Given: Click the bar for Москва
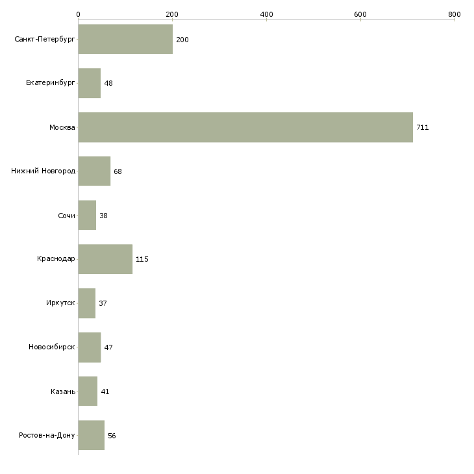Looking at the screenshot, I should pos(245,127).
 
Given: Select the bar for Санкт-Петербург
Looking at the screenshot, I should pos(125,40).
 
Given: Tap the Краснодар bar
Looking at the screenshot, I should pos(105,259).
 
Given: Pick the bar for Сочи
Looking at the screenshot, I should pos(87,216).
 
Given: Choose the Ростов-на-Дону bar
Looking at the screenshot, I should pos(91,435).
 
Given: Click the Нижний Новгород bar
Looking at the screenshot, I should pos(94,171).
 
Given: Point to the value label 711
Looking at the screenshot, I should pos(423,127).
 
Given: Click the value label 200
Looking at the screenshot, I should pos(182,40).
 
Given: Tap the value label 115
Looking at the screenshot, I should pos(142,259).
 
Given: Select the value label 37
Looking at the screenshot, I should pos(103,303).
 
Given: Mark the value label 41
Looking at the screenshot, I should pos(105,392).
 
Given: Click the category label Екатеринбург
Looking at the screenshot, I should pos(51,84).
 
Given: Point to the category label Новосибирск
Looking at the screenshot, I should pos(52,347).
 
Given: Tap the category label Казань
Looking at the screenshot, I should pos(63,392).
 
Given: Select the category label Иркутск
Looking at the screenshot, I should pos(60,303).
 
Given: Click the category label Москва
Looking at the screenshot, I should pos(62,127).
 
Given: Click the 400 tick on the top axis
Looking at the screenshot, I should pos(266,14).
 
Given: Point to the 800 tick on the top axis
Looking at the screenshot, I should pos(455,14).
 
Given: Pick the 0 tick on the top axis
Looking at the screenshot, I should pos(78,14).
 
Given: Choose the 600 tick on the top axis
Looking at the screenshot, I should pos(360,14).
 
